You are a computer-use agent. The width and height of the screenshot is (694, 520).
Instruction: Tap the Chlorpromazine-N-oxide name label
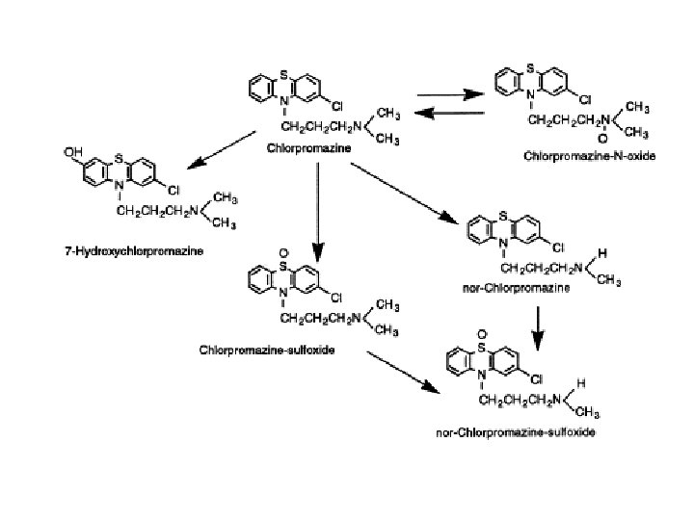pyautogui.click(x=589, y=156)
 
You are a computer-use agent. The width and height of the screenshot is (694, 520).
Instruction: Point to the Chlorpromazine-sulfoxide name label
pyautogui.click(x=280, y=350)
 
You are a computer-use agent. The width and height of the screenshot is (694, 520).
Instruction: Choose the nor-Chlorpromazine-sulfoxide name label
pyautogui.click(x=514, y=432)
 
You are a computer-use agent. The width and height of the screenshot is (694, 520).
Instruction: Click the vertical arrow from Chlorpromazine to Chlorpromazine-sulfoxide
pyautogui.click(x=316, y=213)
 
